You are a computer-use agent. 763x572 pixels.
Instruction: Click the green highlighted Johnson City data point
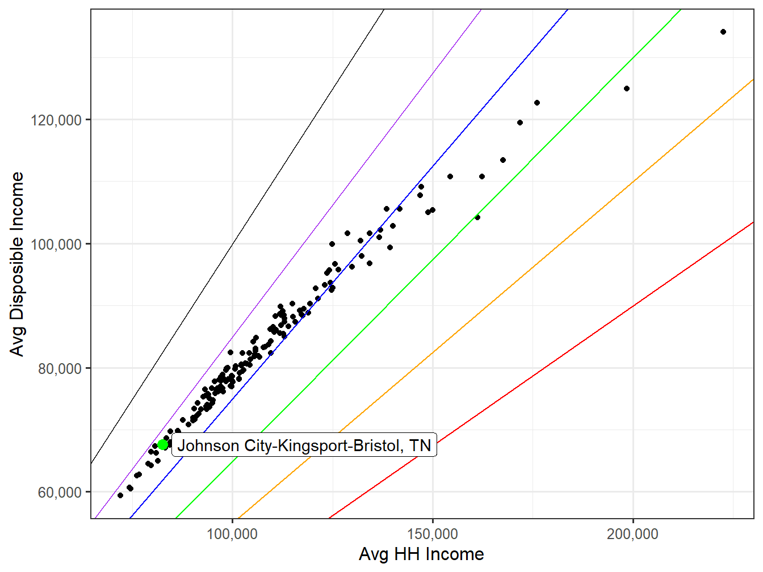[x=163, y=445]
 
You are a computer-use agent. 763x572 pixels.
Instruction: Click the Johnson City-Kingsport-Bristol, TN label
[x=304, y=445]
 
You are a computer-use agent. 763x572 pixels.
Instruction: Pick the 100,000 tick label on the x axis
[x=232, y=534]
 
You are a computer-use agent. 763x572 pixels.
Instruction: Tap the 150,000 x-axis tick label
[x=433, y=534]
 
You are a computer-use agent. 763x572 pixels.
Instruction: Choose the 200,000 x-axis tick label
[x=632, y=534]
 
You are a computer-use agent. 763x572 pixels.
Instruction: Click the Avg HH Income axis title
[x=421, y=554]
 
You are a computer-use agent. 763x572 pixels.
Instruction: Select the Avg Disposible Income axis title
[x=18, y=264]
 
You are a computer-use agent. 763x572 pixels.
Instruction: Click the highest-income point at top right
[x=723, y=32]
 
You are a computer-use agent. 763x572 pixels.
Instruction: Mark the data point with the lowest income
[x=120, y=495]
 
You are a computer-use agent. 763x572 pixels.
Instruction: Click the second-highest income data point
[x=627, y=89]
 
